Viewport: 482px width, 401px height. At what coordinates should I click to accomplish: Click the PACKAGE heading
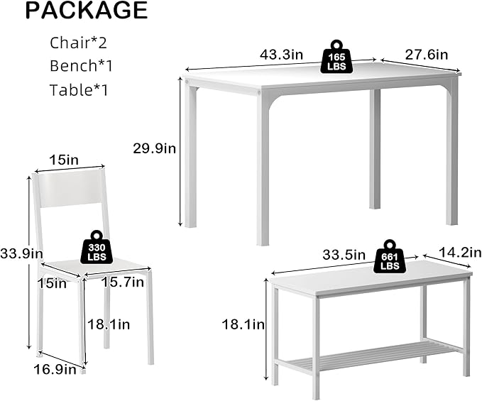point(87,11)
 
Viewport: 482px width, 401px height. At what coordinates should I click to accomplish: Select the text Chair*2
point(78,43)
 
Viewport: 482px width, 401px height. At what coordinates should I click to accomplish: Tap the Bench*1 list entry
point(81,66)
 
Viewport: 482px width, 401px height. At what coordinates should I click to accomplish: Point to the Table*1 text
point(79,89)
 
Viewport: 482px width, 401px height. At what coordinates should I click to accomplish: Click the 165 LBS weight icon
point(336,57)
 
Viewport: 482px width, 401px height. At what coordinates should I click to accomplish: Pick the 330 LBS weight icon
point(97,248)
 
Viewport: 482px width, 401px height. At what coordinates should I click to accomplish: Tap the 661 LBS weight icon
point(390,257)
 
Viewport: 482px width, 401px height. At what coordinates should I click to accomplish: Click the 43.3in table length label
point(281,55)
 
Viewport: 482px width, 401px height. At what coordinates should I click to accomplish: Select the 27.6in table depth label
point(427,55)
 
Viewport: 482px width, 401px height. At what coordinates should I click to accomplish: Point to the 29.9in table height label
point(154,148)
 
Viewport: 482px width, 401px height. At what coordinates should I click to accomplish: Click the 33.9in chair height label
point(21,254)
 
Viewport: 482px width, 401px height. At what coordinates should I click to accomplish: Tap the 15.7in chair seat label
point(123,282)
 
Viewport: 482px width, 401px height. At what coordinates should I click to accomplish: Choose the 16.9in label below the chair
point(55,369)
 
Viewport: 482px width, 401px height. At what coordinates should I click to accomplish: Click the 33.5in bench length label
point(344,255)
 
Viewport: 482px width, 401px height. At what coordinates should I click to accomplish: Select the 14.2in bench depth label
point(460,253)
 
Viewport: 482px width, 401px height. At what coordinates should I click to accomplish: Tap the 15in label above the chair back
point(64,160)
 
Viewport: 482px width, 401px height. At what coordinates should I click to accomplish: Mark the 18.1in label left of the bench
point(243,324)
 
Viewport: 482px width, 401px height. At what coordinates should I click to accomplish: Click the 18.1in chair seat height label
point(109,324)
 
